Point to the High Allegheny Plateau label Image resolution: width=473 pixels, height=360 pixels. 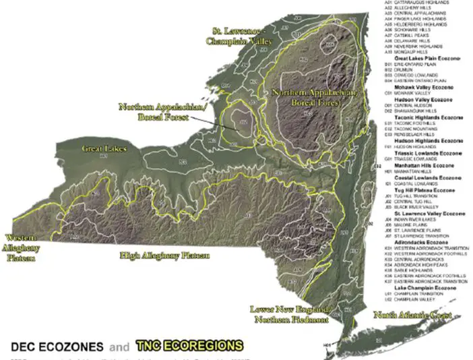pyautogui.click(x=164, y=256)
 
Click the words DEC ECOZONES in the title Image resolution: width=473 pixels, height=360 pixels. pyautogui.click(x=57, y=347)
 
